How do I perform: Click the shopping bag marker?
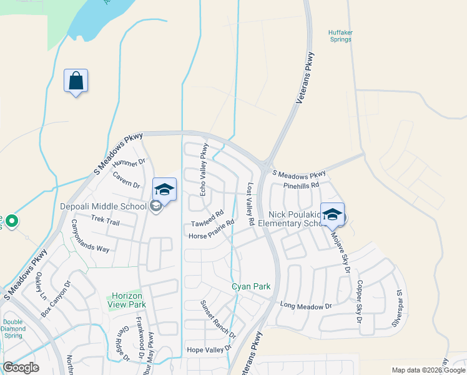76,81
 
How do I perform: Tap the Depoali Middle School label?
103,206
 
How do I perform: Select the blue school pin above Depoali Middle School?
165,190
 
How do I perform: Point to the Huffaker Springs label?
340,36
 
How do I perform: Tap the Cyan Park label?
251,286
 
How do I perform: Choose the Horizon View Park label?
129,300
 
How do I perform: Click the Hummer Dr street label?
129,166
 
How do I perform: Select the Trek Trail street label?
105,220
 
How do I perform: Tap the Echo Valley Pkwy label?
204,170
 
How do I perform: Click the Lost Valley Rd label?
250,204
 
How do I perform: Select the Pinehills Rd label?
301,185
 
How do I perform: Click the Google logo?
21,367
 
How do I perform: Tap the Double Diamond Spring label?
13,328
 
